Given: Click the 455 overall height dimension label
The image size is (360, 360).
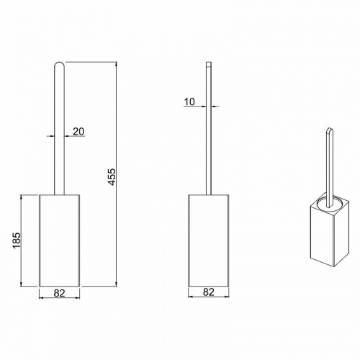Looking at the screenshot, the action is click(112, 177).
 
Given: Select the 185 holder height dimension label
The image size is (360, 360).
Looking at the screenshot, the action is click(17, 240).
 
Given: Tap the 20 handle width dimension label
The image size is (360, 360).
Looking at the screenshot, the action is click(78, 132).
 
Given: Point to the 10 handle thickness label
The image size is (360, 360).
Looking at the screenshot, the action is click(189, 102).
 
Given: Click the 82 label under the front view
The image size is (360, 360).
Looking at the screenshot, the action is click(59, 293).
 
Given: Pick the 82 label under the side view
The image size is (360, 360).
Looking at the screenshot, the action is click(209, 292).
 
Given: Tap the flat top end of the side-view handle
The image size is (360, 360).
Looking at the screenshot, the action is click(209, 63).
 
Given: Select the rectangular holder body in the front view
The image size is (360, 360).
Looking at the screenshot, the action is click(60, 240).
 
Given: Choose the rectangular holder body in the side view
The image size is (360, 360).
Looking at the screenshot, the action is click(209, 240).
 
